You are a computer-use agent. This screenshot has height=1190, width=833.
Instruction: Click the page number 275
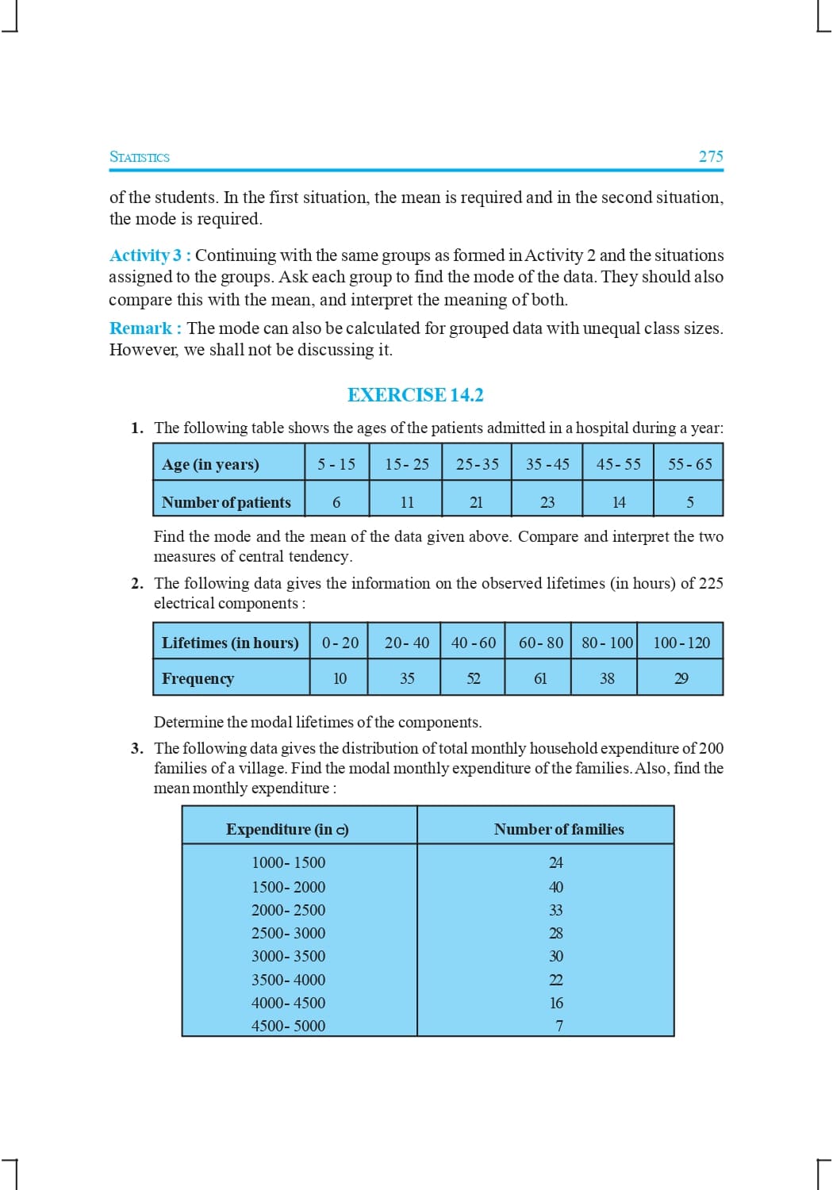pos(710,156)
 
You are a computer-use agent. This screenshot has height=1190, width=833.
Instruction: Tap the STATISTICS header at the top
pos(140,157)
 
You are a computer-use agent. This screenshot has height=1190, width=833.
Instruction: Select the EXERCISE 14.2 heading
pos(415,395)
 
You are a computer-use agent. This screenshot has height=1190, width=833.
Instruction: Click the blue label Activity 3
pos(146,255)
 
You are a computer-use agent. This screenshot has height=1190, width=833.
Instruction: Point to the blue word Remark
pos(140,328)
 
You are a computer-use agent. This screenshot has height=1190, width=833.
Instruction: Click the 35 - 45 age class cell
pos(547,464)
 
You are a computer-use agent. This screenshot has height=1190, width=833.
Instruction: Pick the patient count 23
pos(547,502)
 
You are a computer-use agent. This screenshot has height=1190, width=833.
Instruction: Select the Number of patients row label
pos(226,502)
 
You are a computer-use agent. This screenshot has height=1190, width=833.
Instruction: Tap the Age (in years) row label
pos(210,464)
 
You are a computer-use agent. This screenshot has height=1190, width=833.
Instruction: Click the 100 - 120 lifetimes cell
pos(681,643)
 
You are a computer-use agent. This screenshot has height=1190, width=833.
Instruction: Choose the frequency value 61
pos(540,678)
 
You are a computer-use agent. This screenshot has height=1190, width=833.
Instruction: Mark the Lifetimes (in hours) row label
pos(230,643)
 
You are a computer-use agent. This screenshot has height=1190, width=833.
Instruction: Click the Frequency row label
pos(198,678)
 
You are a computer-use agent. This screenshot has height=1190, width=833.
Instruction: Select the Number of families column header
pos(559,829)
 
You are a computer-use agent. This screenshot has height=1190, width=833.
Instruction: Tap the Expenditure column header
pos(287,829)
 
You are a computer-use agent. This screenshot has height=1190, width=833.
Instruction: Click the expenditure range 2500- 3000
pos(288,933)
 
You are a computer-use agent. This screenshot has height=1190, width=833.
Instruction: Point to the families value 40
pos(556,887)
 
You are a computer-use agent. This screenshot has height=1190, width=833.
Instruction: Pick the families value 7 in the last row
pos(559,1026)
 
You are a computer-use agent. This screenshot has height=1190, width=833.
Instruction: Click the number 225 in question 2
pos(711,583)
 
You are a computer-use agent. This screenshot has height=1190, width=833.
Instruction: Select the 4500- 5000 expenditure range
pos(288,1026)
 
